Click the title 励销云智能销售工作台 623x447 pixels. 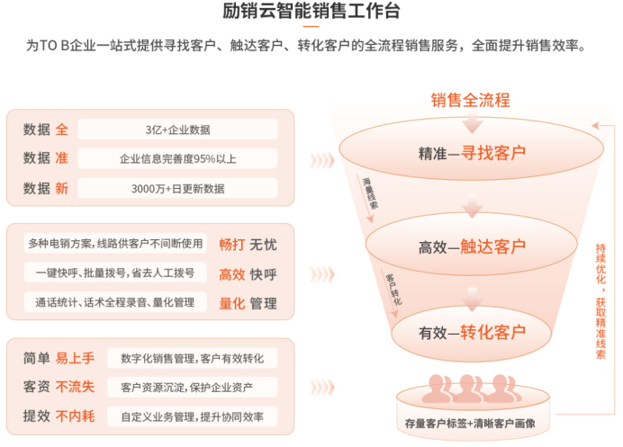click(311, 11)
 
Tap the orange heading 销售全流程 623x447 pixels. click(471, 100)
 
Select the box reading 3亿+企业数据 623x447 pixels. click(177, 130)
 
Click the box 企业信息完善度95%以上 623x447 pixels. click(177, 159)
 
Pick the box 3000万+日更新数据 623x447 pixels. click(177, 188)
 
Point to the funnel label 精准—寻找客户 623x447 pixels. click(472, 153)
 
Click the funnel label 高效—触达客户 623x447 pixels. click(472, 247)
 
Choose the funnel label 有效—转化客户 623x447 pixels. click(472, 332)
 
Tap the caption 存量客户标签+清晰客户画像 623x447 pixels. click(470, 424)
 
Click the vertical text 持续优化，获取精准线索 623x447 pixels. click(600, 301)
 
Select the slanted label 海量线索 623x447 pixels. click(370, 193)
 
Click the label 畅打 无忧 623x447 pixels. click(248, 244)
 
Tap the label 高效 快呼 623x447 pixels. click(248, 274)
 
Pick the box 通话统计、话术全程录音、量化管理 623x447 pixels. click(115, 302)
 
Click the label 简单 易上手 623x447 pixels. click(59, 358)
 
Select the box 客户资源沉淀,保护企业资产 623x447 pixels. click(193, 387)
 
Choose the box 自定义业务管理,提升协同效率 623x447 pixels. click(193, 416)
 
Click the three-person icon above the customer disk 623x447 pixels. click(471, 389)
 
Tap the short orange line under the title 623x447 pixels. click(311, 27)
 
